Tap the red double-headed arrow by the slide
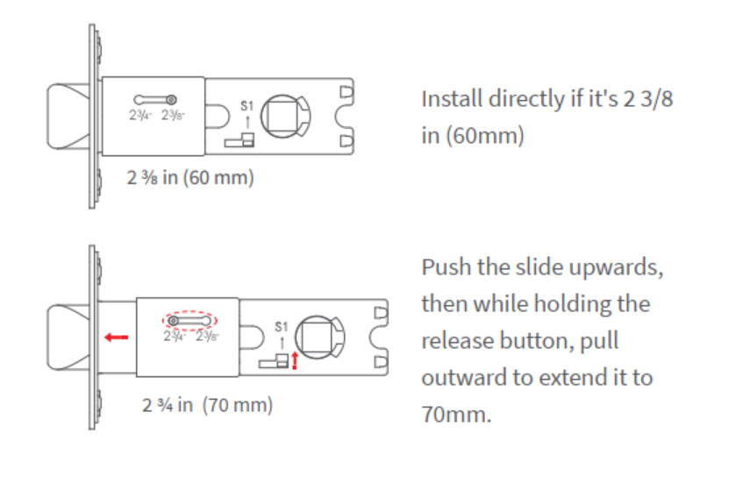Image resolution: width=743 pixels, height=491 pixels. [x=295, y=359]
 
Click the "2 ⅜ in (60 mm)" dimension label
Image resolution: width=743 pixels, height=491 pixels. [x=190, y=178]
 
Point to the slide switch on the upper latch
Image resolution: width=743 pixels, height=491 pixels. [x=239, y=139]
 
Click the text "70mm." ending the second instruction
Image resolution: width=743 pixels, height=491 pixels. [x=456, y=414]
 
